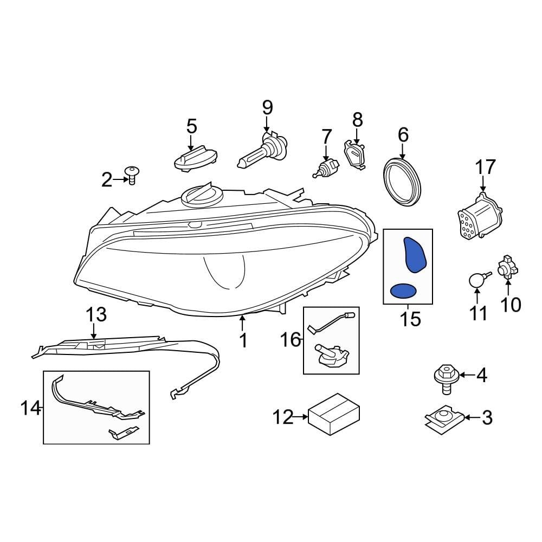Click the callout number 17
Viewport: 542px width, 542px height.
click(x=485, y=167)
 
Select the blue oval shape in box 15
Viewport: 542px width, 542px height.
click(x=404, y=292)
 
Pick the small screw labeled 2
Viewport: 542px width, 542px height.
click(x=131, y=175)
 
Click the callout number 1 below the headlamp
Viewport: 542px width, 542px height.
click(x=243, y=340)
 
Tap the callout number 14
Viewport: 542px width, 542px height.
click(x=30, y=407)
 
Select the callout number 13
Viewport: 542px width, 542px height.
click(x=97, y=315)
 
